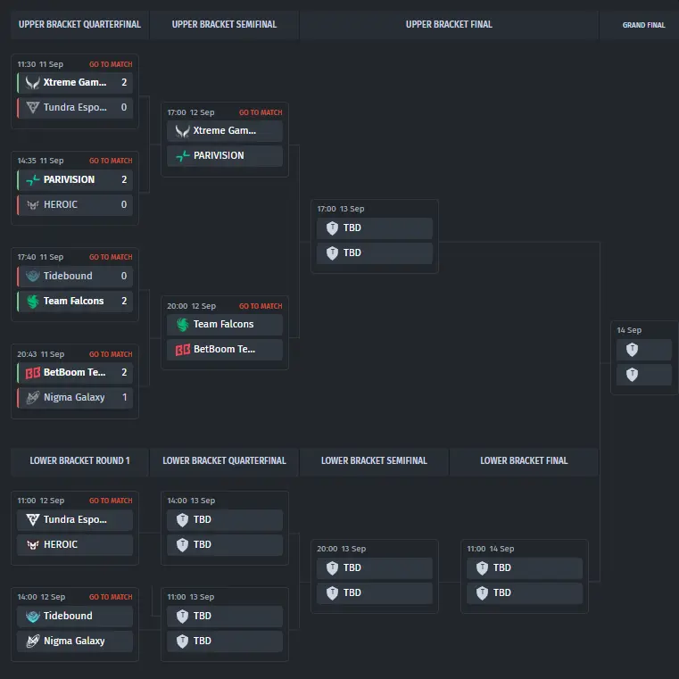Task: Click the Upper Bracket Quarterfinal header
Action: tap(79, 25)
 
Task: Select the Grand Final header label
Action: tap(643, 25)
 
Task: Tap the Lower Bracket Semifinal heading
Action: tap(374, 460)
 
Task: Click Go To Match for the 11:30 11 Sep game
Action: tap(111, 64)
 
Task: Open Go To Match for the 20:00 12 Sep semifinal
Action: tap(261, 306)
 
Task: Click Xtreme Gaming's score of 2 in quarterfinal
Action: tap(124, 82)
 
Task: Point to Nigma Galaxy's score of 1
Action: tap(125, 397)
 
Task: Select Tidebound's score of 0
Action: tap(124, 276)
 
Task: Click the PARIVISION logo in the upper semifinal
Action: tap(183, 156)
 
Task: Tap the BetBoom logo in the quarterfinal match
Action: tap(33, 373)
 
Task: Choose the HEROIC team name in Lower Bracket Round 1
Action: tap(61, 544)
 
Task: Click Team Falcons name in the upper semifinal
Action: tap(223, 324)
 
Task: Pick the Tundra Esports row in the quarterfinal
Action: tap(75, 107)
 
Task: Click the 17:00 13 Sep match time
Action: tap(341, 209)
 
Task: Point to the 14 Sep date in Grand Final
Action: tap(629, 330)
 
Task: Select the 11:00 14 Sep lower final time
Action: tap(491, 549)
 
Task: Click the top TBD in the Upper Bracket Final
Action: tap(352, 228)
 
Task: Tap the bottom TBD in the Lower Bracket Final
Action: tap(501, 592)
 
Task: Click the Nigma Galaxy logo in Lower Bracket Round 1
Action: tap(33, 641)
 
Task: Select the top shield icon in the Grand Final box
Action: tap(633, 350)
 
